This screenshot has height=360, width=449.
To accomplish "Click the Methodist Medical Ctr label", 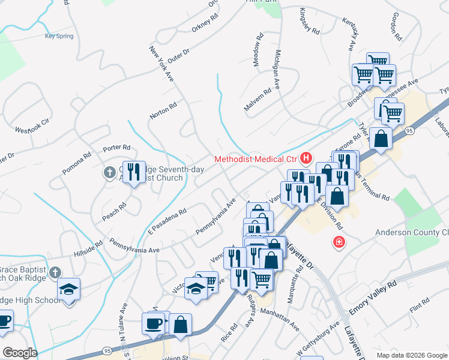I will point(256,159).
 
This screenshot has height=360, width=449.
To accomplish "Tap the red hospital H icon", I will point(306,158).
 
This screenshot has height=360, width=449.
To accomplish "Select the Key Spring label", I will point(59,36).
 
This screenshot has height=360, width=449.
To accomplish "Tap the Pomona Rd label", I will point(77,163).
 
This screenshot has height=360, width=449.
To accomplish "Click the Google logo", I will point(20,353).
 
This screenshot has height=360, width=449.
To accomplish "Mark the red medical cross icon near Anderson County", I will point(339,242).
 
